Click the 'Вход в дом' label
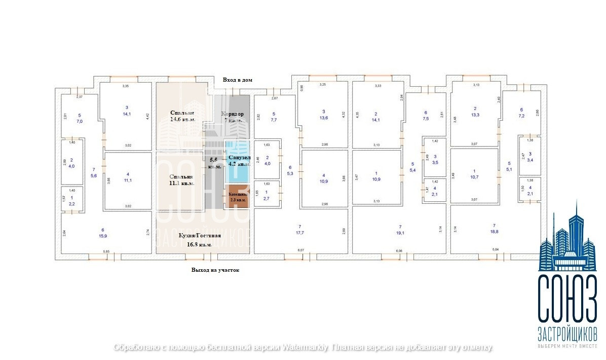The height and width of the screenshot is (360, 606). (x=237, y=80)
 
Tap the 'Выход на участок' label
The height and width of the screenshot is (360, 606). (x=215, y=270)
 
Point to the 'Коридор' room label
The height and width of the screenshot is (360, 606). (x=233, y=114)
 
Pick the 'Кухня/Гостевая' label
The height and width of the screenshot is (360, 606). (x=200, y=236)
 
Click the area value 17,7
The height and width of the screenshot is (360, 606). (x=299, y=233)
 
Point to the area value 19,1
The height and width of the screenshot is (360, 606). (x=400, y=233)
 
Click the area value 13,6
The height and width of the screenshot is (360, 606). (x=323, y=118)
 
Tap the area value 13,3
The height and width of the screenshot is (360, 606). (x=475, y=115)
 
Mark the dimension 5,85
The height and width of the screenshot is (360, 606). (x=106, y=251)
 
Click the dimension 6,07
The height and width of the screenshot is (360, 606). (x=300, y=250)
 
